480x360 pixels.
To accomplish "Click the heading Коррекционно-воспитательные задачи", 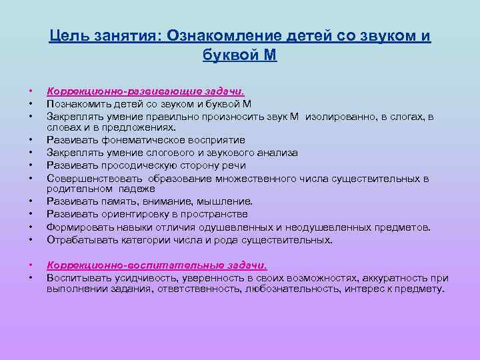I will click(157, 265).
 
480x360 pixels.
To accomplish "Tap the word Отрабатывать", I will click(81, 239).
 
